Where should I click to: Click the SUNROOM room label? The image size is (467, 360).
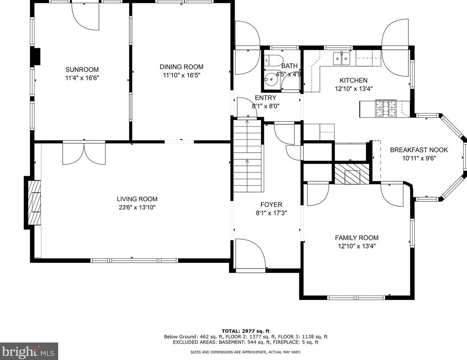pos(82,70)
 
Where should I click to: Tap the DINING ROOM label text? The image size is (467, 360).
pos(181,67)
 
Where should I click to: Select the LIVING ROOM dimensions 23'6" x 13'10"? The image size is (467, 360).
pos(137,207)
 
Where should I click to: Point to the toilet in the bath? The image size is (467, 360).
pos(273,60)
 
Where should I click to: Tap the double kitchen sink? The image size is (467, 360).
pos(342,59)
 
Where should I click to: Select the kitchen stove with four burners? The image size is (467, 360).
pos(386,108)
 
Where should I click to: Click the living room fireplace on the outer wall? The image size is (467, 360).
pos(34,203)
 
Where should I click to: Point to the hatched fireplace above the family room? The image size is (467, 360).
pos(352,174)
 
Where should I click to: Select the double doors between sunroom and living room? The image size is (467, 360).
pos(84,153)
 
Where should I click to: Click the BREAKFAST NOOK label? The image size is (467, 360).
pos(419,150)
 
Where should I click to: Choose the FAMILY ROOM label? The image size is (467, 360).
pos(357,238)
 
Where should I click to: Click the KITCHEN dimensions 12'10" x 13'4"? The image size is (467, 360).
pos(354,89)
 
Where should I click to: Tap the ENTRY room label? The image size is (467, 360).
pos(265,98)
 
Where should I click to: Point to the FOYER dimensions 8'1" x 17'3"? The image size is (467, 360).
pos(271,213)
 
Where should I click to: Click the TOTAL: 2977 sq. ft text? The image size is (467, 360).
pos(246,331)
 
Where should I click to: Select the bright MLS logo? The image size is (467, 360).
pos(29,352)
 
